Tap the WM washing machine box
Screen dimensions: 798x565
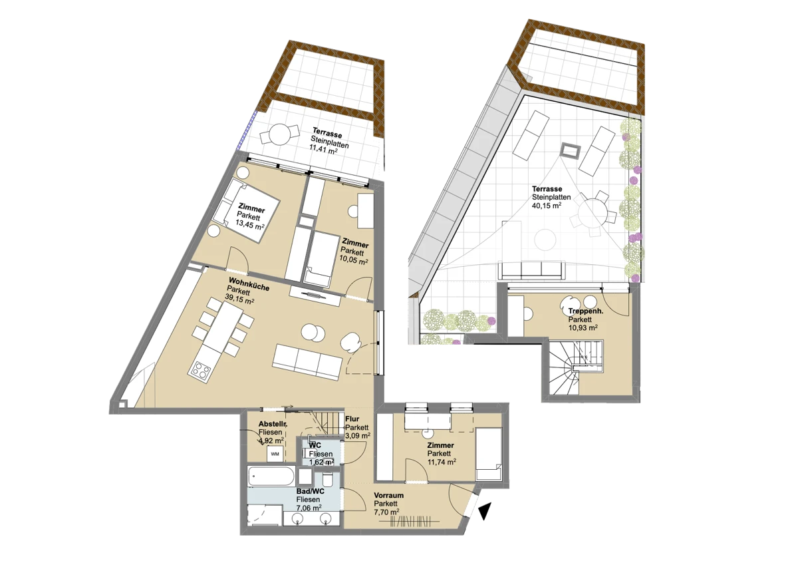275,454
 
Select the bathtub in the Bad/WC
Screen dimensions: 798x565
271,476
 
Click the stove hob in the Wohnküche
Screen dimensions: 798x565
200,372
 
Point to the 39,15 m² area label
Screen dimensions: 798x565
239,299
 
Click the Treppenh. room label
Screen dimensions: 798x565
586,311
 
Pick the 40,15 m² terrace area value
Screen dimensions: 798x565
547,206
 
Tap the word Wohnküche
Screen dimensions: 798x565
249,283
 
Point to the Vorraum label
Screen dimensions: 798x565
388,495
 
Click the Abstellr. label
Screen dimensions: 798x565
273,424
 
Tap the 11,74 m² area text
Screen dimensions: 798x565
442,462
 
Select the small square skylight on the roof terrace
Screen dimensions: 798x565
571,150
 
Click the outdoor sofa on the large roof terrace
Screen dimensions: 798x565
531,270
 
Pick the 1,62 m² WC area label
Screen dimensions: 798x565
321,463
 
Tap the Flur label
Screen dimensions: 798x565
352,419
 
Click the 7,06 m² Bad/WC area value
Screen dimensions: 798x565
309,508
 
